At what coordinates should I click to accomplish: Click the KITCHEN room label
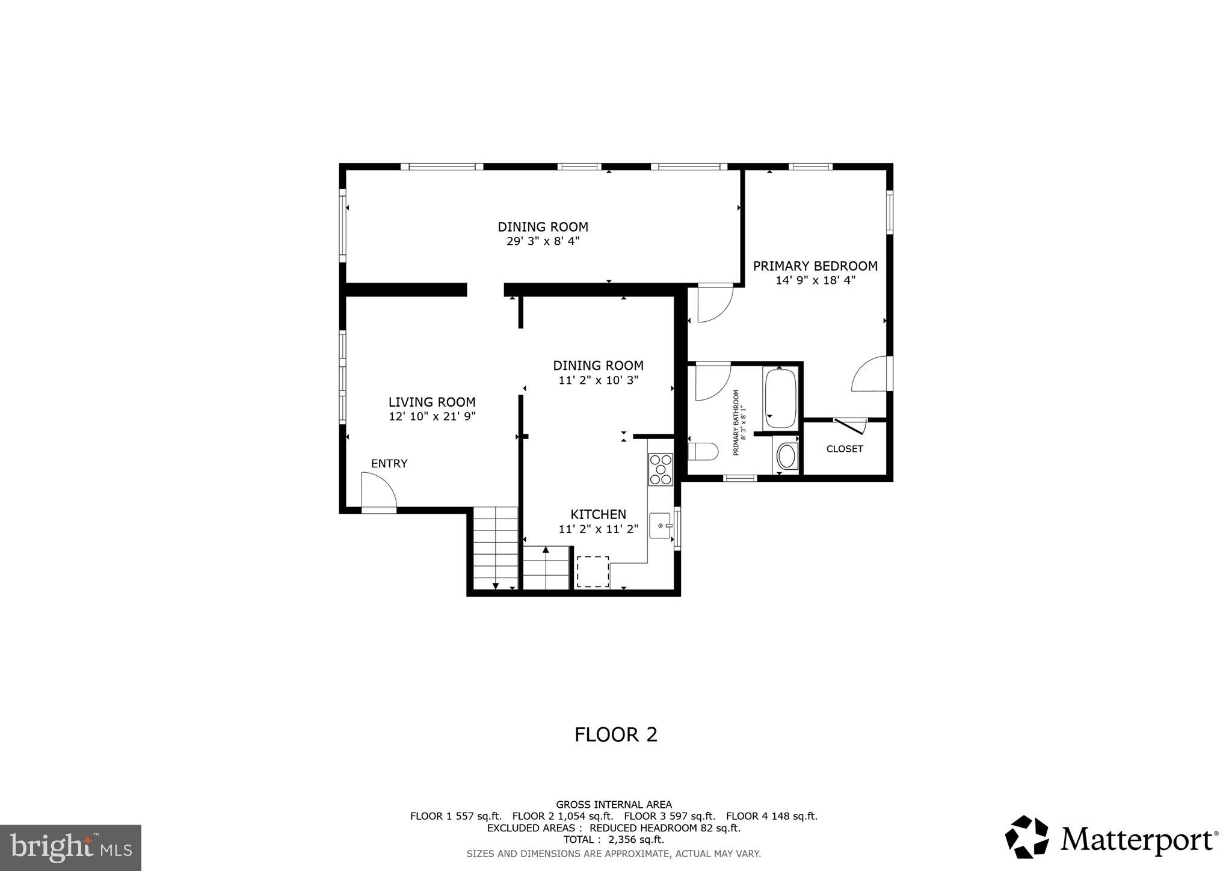(598, 514)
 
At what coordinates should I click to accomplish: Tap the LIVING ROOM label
(431, 402)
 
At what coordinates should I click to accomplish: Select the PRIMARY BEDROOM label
(815, 266)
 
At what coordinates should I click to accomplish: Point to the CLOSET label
(845, 449)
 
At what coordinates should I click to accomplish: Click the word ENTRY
(389, 463)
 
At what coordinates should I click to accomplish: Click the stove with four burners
(660, 469)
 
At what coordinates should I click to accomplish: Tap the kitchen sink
(661, 526)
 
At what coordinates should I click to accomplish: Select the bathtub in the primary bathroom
(780, 398)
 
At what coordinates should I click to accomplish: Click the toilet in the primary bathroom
(703, 451)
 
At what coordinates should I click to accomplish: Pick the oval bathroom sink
(786, 457)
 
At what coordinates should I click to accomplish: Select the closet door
(851, 425)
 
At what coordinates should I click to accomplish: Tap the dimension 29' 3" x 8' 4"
(543, 241)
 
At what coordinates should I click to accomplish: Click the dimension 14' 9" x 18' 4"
(815, 280)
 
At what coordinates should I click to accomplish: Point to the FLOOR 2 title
(615, 734)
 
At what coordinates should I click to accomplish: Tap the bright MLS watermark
(70, 848)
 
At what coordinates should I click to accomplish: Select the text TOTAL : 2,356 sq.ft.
(614, 839)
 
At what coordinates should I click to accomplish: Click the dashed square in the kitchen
(593, 571)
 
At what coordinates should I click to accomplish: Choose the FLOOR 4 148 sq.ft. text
(771, 816)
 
